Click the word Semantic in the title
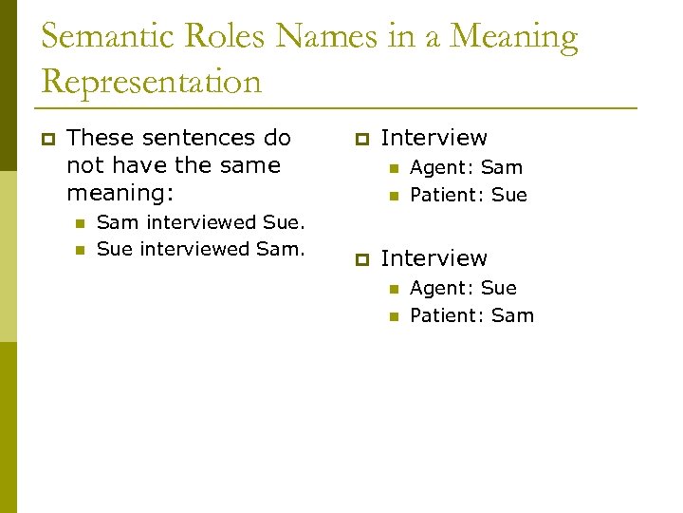[x=106, y=37]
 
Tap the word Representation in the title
[x=151, y=82]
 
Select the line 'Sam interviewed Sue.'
[x=201, y=222]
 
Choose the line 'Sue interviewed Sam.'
[x=201, y=250]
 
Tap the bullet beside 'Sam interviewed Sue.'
[x=80, y=223]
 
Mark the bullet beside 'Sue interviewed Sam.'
[x=80, y=251]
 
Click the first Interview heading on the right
[x=434, y=138]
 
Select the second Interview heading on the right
[x=434, y=258]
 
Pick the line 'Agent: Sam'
[x=466, y=167]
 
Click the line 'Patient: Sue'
[x=468, y=195]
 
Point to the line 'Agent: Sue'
[x=463, y=288]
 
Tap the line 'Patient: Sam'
[x=471, y=315]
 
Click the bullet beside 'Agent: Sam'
[x=393, y=168]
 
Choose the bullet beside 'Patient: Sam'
[x=393, y=316]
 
